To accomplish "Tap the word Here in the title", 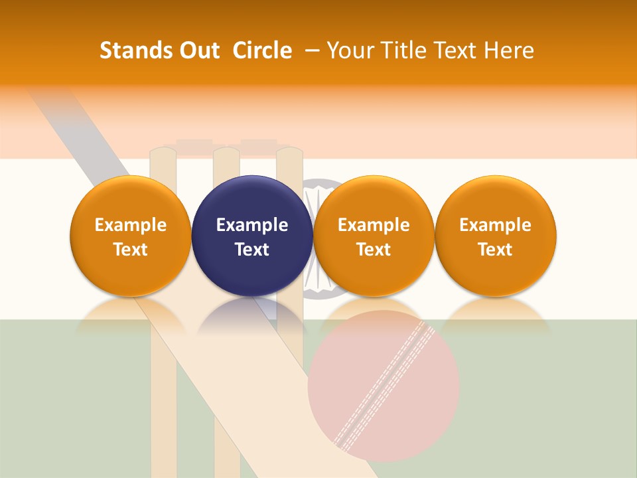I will click(x=510, y=50).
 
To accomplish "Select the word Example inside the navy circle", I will click(x=252, y=225).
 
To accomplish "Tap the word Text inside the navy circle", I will click(x=252, y=250).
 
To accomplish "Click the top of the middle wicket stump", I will click(x=226, y=154).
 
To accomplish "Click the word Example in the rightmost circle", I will click(x=495, y=225).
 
